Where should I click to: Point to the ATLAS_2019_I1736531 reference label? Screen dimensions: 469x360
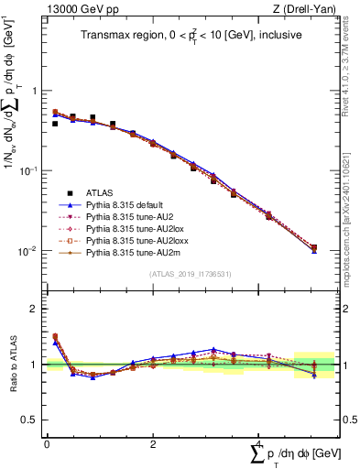[x=190, y=274]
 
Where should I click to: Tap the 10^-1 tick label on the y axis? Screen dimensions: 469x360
[x=27, y=171]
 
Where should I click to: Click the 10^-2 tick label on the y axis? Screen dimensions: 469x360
[x=27, y=251]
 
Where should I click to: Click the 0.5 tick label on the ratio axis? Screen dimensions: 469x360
[x=29, y=420]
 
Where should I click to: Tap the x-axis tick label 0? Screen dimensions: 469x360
[x=47, y=442]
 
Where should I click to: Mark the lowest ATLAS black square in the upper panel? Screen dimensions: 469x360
[x=313, y=247]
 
